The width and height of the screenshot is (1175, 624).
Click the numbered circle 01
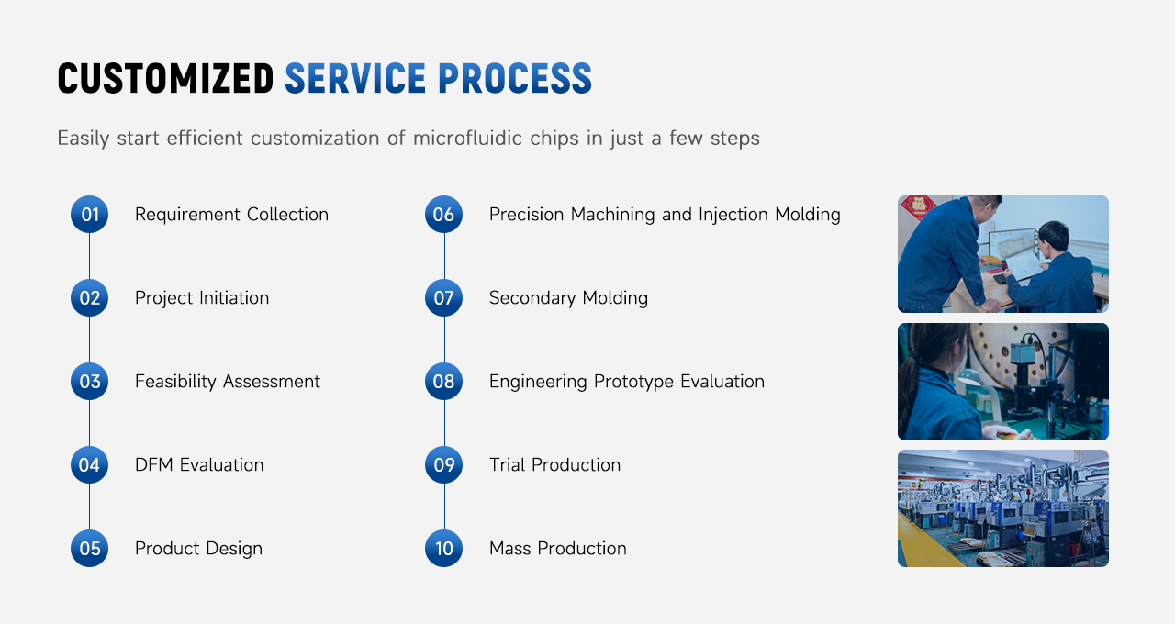[90, 215]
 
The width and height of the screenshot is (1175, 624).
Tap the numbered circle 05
[90, 548]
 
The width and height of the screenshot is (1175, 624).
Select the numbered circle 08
[443, 381]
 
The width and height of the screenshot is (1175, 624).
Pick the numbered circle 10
[443, 548]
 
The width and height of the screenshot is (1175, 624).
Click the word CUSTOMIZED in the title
[166, 79]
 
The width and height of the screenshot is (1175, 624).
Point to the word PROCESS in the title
[515, 79]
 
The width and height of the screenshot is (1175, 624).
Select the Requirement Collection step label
[232, 215]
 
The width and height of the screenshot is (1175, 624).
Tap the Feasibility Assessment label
[227, 382]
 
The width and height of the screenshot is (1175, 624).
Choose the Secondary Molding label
[568, 298]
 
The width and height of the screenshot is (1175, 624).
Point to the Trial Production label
[555, 465]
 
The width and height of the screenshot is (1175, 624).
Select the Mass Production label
[558, 549]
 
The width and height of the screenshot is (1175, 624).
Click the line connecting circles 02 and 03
[89, 340]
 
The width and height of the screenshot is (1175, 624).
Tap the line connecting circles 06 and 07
[444, 256]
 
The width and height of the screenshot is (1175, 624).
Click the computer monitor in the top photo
[1013, 248]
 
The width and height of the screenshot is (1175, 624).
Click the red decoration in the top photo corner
[917, 206]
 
